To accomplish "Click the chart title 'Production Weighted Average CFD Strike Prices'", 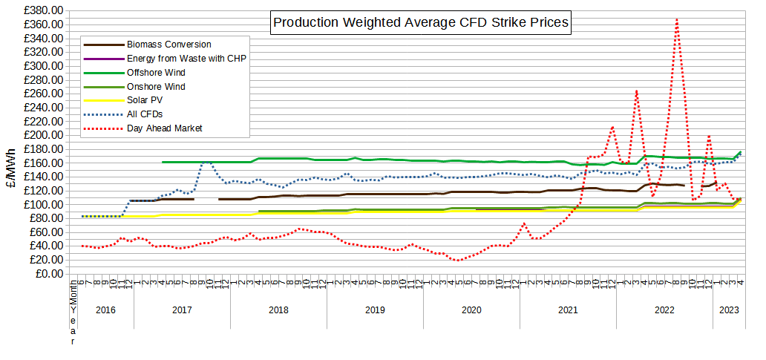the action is (421, 22).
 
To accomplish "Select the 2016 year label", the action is (105, 310).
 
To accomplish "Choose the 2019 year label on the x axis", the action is (375, 310).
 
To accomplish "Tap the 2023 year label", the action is (729, 310).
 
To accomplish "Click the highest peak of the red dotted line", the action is (677, 19).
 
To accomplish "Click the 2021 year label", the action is (568, 310).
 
